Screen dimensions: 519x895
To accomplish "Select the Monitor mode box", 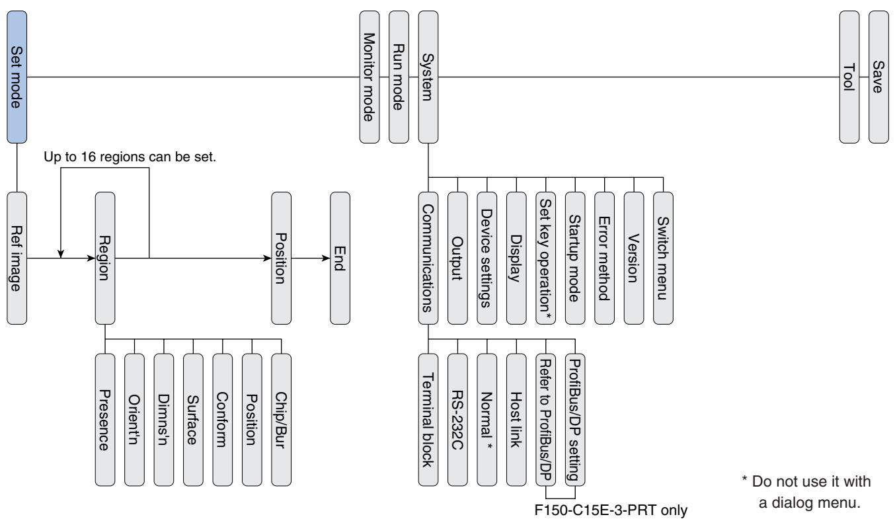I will (x=369, y=78).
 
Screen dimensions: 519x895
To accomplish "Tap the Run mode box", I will (x=399, y=78).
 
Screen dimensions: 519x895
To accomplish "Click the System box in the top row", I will (x=428, y=78).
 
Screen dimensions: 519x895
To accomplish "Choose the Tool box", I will (x=849, y=78).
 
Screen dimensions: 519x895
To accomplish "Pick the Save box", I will (x=878, y=78).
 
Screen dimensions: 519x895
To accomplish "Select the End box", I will (x=340, y=258).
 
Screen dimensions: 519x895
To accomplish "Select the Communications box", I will (x=428, y=258).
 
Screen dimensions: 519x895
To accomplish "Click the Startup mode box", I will (x=575, y=258).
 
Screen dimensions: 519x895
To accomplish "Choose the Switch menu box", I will (x=663, y=258).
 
